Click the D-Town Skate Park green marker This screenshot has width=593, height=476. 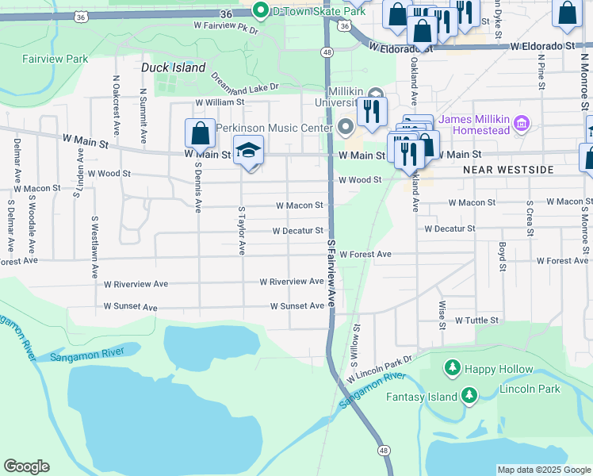[x=260, y=11]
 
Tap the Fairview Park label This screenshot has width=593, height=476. [x=55, y=59]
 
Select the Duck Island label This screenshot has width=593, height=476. [x=173, y=68]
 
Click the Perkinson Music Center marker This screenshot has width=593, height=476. [x=346, y=128]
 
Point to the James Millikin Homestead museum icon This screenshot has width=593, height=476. [x=522, y=123]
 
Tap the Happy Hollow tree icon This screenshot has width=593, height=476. [x=452, y=368]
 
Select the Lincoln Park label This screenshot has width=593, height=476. [x=530, y=389]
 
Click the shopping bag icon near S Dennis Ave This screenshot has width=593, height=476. [x=200, y=134]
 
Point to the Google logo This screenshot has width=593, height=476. [x=27, y=466]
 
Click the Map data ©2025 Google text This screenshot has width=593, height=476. [x=542, y=470]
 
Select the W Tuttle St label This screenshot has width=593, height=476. [x=476, y=321]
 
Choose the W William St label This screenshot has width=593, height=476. [x=220, y=103]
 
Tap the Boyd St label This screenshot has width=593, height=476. [x=502, y=257]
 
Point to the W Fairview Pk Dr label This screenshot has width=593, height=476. [x=226, y=27]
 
